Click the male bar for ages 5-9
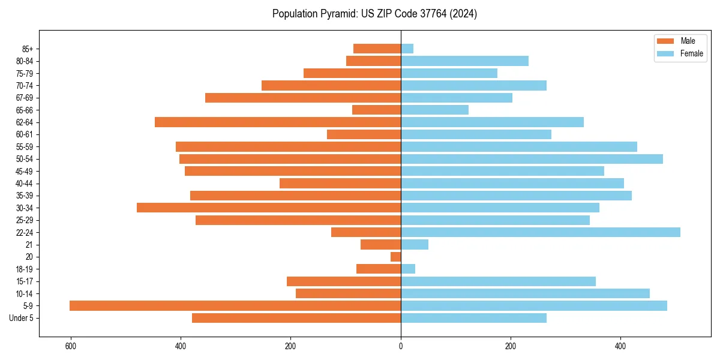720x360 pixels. click(x=235, y=306)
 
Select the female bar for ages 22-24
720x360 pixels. click(x=540, y=232)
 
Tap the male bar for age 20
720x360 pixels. click(x=396, y=257)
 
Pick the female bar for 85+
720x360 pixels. click(x=407, y=49)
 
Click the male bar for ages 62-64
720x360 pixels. click(x=278, y=122)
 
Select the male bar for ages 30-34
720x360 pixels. click(x=269, y=208)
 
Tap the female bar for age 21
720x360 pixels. click(x=415, y=245)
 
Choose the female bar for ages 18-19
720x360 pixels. click(x=408, y=269)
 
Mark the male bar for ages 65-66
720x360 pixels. click(x=377, y=110)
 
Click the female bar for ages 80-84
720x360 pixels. click(x=464, y=61)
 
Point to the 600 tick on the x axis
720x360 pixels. click(x=71, y=346)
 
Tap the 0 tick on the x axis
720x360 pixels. click(x=401, y=346)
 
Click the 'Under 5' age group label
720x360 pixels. click(x=22, y=318)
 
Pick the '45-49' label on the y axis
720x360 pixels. click(x=25, y=171)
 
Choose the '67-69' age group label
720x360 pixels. click(x=25, y=98)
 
